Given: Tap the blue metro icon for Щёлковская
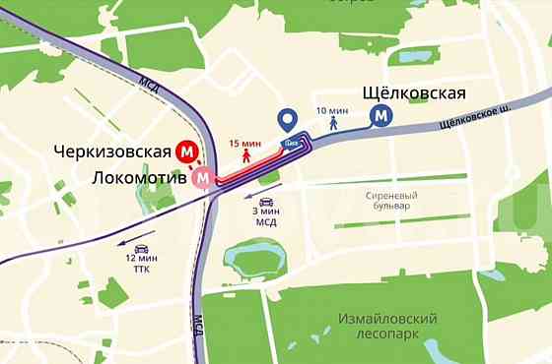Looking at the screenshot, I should point(379,116).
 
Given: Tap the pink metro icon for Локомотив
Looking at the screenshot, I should point(204,177).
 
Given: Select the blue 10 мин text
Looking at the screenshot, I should point(333,110).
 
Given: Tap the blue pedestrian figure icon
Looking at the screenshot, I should point(333,124).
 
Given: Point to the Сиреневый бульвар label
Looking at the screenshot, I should point(376,201).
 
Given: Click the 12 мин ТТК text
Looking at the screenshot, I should point(142,263).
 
